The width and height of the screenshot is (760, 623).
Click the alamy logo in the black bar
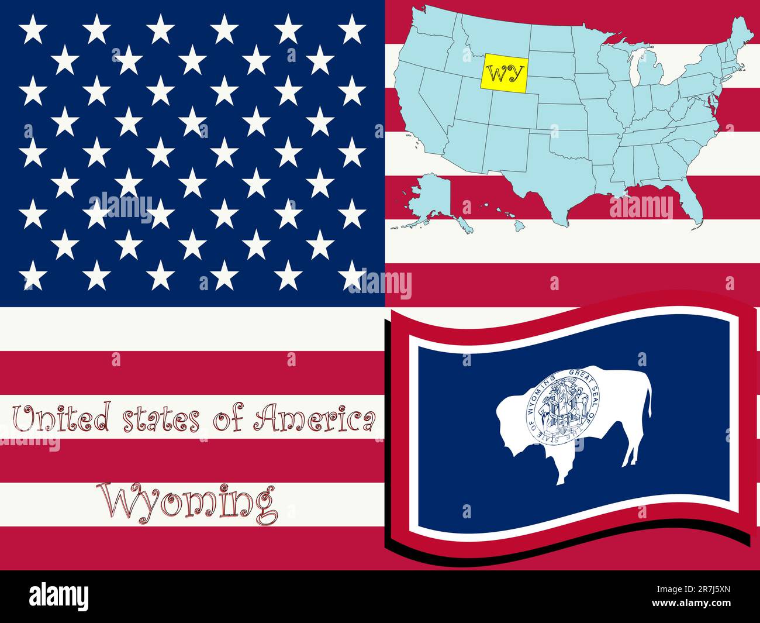tap(58, 597)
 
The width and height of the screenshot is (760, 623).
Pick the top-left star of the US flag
tap(33, 29)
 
